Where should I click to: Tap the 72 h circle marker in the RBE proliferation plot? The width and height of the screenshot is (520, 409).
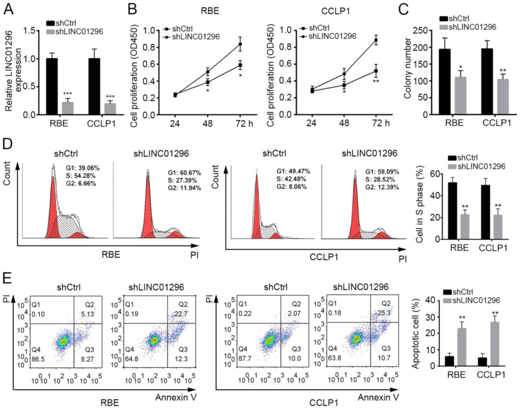pyautogui.click(x=240, y=44)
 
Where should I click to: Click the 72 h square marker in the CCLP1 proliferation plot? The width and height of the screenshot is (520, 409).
pyautogui.click(x=376, y=71)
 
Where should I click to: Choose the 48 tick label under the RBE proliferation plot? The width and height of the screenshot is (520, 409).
pyautogui.click(x=208, y=124)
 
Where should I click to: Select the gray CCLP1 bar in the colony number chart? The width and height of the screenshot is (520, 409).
pyautogui.click(x=503, y=97)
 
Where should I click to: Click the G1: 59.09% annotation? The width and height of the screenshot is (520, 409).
pyautogui.click(x=382, y=172)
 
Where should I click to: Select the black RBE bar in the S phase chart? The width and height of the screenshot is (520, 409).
pyautogui.click(x=452, y=211)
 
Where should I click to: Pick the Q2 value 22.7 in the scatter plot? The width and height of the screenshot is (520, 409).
pyautogui.click(x=183, y=313)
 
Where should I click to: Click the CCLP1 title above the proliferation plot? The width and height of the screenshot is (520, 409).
pyautogui.click(x=335, y=12)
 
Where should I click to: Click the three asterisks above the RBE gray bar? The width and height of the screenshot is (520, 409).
pyautogui.click(x=68, y=94)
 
